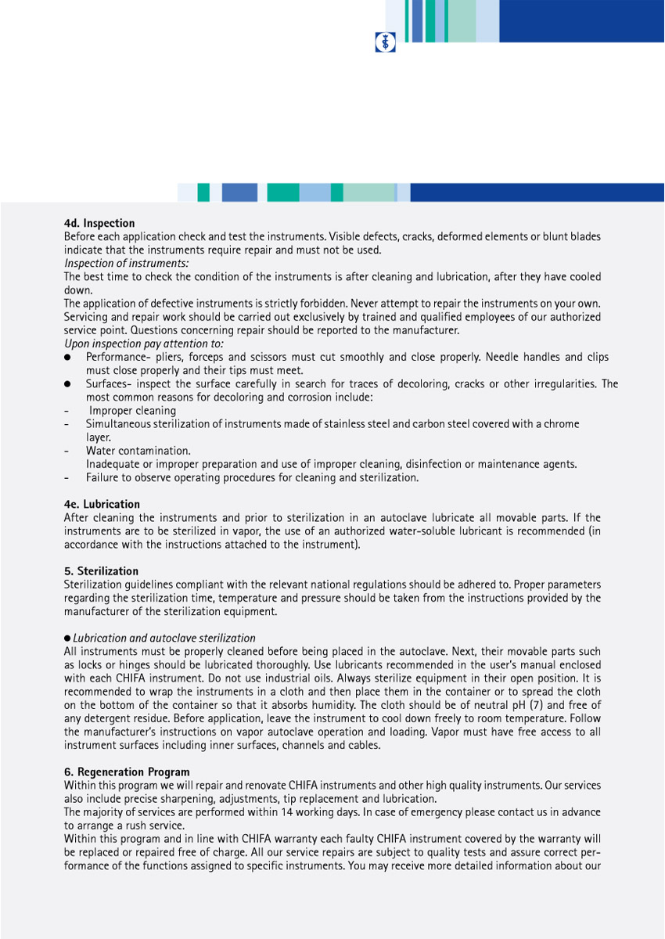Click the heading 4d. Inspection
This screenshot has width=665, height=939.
[x=99, y=224]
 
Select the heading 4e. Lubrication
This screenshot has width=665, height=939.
[x=102, y=505]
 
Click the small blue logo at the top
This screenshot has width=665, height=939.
[x=386, y=42]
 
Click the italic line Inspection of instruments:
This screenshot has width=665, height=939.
[x=126, y=264]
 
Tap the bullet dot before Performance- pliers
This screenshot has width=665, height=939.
[x=68, y=358]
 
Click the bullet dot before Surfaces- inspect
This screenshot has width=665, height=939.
[x=68, y=384]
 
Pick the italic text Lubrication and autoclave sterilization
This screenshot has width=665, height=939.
[x=164, y=639]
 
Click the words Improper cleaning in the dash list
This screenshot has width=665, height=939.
[x=132, y=411]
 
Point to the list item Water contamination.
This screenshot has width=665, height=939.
[x=138, y=451]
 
